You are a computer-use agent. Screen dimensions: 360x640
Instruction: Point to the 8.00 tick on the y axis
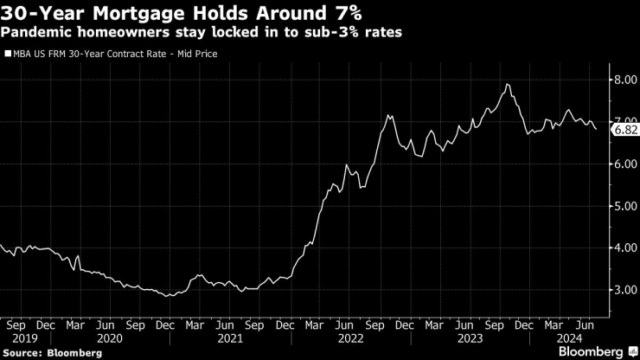coord(624,80)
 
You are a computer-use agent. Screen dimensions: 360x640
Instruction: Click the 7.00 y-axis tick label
coord(624,122)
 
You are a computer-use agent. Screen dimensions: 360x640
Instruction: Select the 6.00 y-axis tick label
coord(624,164)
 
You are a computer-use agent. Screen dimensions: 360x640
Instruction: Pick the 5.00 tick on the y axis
coord(624,207)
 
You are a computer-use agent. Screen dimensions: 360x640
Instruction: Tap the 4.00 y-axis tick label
coord(624,248)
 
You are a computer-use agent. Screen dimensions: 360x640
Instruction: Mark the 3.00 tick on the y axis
coord(624,291)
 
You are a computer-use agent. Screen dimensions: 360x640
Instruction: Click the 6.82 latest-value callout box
coord(624,130)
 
